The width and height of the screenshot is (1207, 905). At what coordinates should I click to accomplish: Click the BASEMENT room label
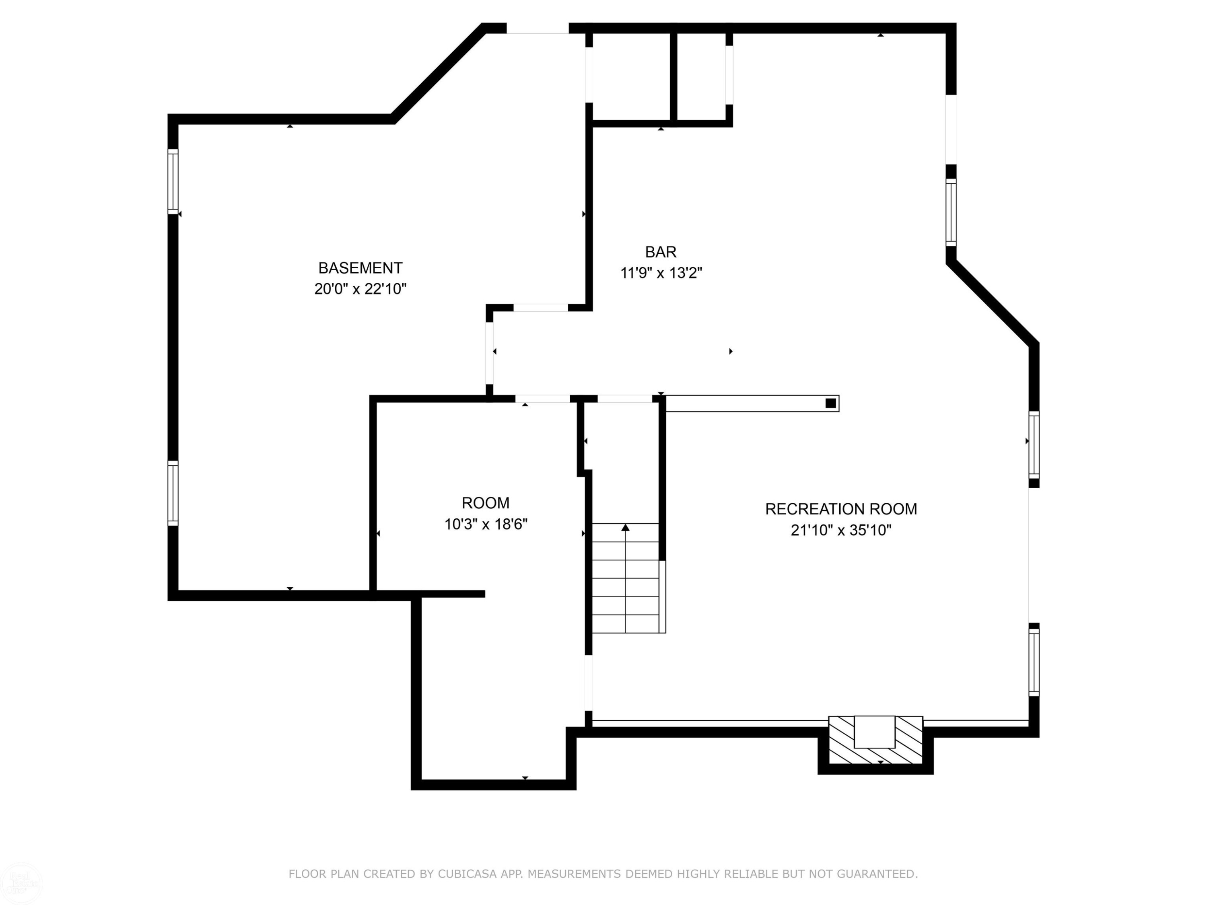coord(360,268)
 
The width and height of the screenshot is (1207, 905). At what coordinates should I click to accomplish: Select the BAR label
coord(661,252)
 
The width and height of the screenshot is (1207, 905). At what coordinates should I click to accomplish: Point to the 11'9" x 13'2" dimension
coord(661,273)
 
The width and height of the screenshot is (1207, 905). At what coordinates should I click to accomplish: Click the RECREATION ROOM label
coord(841,509)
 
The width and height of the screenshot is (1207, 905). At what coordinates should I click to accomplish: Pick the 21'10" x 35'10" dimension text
coord(841,530)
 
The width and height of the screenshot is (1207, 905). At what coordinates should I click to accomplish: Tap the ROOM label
coord(486,503)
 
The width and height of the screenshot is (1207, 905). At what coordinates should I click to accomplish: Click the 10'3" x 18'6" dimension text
coord(486,524)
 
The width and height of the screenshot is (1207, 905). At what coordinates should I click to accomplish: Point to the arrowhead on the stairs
coord(625,527)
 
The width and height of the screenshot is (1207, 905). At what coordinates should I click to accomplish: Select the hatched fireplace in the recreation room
coord(875,740)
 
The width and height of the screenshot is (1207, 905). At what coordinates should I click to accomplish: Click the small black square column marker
coord(830,403)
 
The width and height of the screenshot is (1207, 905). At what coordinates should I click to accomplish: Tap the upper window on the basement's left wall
coord(173,182)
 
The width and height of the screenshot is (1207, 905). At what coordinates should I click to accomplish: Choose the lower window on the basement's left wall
coord(173,493)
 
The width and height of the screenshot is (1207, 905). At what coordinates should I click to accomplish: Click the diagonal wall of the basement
coord(438,74)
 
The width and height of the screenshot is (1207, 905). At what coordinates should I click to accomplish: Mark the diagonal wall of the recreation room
coord(992,303)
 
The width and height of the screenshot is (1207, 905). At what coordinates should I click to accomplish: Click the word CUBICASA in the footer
coord(468,874)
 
